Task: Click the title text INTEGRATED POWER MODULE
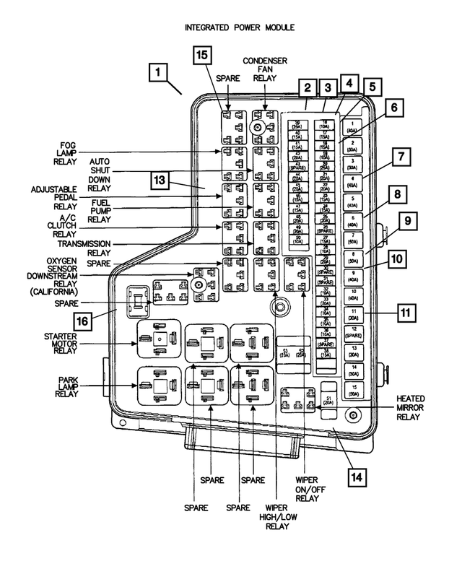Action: point(230,28)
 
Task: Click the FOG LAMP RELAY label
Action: point(70,153)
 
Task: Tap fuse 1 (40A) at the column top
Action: point(352,128)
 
